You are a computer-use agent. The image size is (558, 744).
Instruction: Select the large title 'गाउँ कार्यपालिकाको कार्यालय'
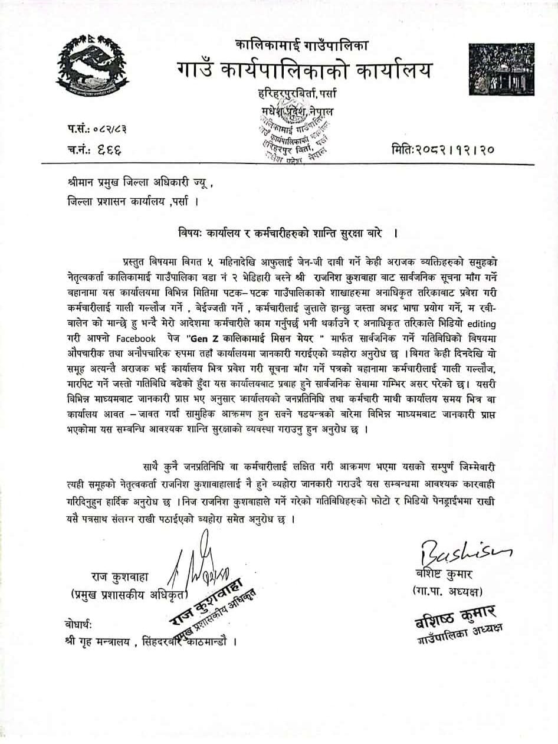305,71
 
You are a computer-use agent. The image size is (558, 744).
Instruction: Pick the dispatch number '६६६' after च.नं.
109,149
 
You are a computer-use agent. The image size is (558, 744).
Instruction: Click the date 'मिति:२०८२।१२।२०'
442,149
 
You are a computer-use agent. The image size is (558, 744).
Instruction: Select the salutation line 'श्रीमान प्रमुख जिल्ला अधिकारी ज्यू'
141,185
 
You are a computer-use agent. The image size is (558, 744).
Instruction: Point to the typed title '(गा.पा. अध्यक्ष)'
444,591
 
